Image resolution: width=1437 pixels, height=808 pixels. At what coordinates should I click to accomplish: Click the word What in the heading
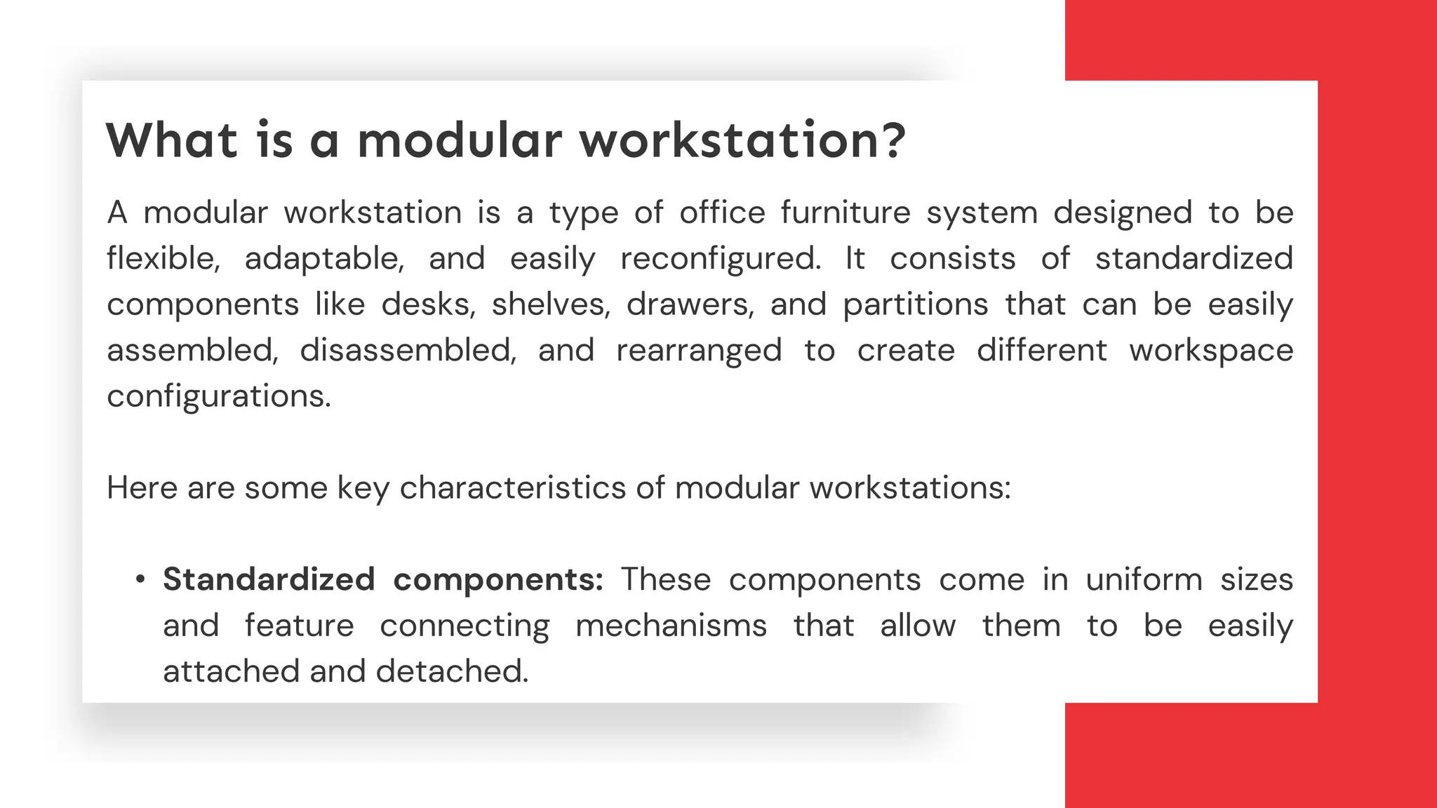[172, 140]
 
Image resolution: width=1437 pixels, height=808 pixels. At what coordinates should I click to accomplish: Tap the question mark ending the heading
[892, 140]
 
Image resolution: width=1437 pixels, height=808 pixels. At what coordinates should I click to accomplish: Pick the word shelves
[550, 304]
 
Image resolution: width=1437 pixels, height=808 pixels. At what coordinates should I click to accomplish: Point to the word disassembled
[408, 350]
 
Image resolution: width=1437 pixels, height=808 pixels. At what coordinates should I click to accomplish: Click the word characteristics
[513, 487]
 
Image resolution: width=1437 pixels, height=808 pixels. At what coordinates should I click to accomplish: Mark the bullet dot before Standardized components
[140, 580]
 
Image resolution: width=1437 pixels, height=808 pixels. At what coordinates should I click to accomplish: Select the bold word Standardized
[269, 579]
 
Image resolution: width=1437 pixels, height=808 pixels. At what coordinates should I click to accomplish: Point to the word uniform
[1144, 579]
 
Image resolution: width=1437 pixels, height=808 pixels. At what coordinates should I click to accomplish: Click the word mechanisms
[671, 626]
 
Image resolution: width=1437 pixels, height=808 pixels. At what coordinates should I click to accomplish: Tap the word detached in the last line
[452, 671]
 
